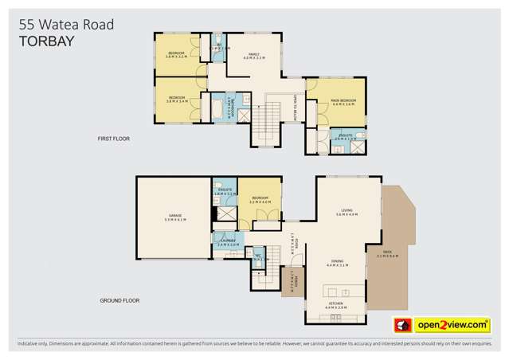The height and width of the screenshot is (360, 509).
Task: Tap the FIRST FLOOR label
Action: click(x=113, y=139)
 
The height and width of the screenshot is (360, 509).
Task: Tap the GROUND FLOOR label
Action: click(x=120, y=300)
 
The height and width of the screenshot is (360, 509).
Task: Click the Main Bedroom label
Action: click(x=343, y=102)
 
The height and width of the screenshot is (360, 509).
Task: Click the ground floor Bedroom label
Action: click(x=261, y=201)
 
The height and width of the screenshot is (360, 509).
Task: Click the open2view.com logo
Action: click(x=452, y=325)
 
